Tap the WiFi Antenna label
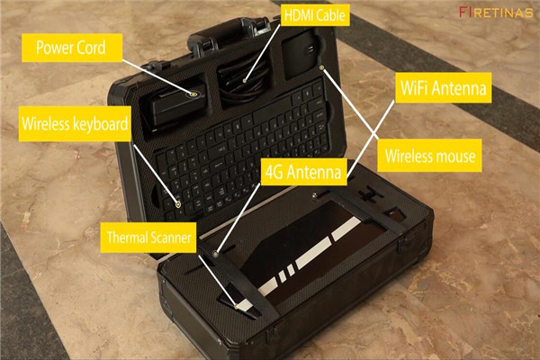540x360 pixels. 443,89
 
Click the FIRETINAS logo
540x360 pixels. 496,12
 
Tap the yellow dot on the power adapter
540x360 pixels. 193,92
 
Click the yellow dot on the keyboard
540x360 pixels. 177,205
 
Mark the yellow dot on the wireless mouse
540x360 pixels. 322,67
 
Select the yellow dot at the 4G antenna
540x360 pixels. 217,254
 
